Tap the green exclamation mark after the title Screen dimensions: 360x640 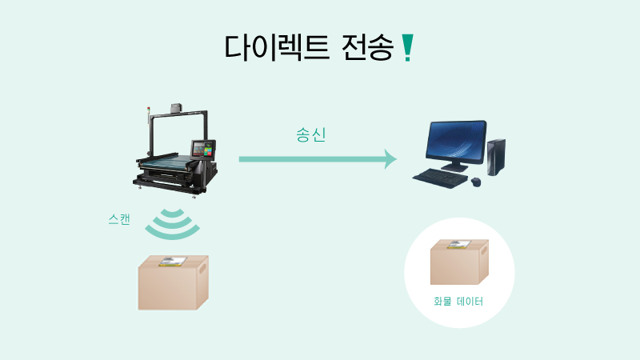(408, 48)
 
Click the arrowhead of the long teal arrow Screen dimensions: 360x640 (390, 158)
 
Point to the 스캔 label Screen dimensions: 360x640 (119, 218)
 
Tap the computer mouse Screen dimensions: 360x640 (477, 182)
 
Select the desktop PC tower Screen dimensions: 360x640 (497, 157)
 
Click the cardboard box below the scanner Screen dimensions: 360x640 (173, 286)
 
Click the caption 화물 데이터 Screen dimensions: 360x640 (458, 302)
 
